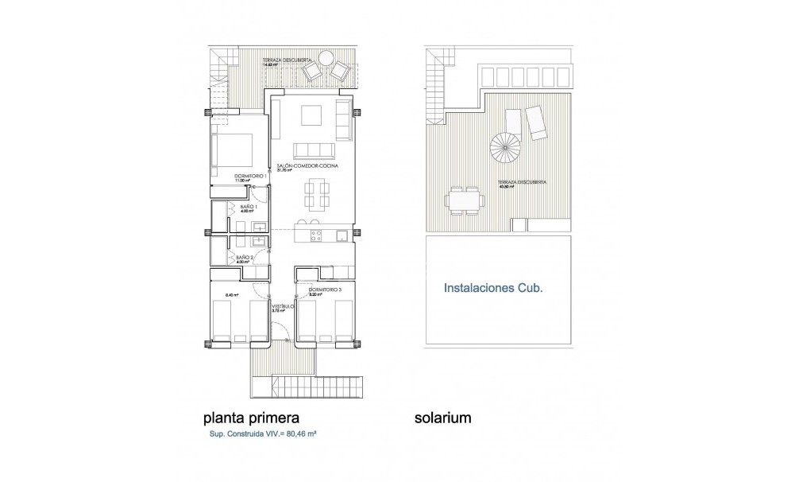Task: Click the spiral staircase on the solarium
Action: [x=502, y=146]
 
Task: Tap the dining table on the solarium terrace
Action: [x=465, y=200]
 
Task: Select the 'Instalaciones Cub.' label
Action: [x=492, y=290]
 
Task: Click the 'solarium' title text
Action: [x=443, y=416]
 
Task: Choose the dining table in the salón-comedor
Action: [x=315, y=193]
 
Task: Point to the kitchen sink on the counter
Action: [x=340, y=235]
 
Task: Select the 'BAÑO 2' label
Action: [x=245, y=257]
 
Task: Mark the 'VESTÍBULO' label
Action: [x=283, y=305]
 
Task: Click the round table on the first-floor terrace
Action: [x=326, y=58]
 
